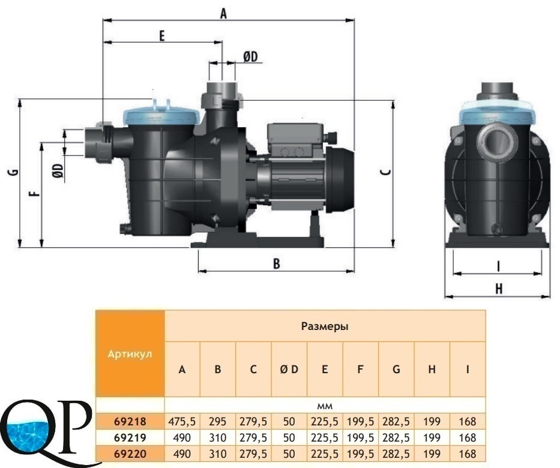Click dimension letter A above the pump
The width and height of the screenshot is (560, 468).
pos(223,14)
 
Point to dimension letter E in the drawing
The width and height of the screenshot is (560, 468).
pos(162,35)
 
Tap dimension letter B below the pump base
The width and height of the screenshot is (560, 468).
pos(277,263)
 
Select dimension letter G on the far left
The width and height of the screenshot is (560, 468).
pos(14,172)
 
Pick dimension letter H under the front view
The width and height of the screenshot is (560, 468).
pos(499,289)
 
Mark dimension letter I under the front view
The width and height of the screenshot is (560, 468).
pos(499,266)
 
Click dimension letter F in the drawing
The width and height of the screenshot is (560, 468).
pos(35,194)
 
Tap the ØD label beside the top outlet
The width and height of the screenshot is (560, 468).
pos(250,56)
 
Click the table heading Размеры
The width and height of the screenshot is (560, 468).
pos(325,326)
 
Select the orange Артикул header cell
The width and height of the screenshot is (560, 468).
pos(130,353)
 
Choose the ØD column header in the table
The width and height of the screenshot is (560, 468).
pos(289,369)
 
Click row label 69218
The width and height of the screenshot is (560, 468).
pos(130,422)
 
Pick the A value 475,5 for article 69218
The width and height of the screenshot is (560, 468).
pos(182,422)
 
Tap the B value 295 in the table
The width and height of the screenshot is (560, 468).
pos(217,422)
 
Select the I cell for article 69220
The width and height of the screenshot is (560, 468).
pos(468,454)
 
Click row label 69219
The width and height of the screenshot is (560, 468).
pos(130,437)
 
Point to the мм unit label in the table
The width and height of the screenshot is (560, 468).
pos(325,406)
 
